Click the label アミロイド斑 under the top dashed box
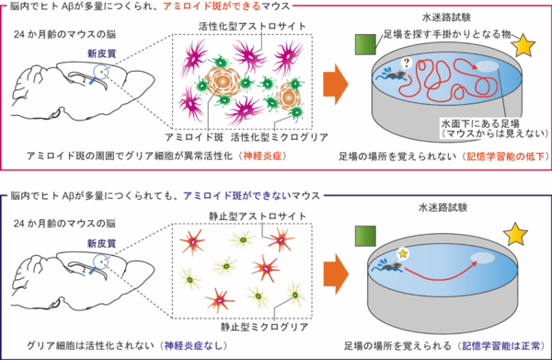(x=191, y=135)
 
